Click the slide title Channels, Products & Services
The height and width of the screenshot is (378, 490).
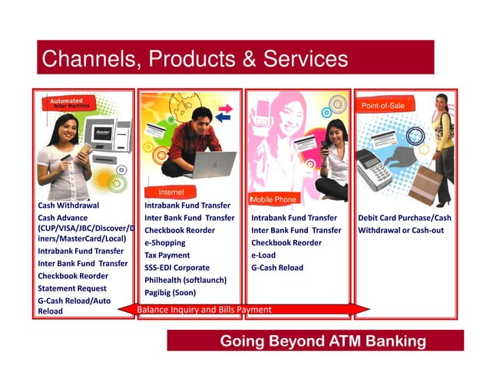(x=194, y=58)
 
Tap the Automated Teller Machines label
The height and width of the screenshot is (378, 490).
(x=70, y=103)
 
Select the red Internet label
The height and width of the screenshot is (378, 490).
(x=171, y=192)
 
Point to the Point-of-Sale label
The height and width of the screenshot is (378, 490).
(x=382, y=105)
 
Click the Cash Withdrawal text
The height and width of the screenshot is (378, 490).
(x=68, y=205)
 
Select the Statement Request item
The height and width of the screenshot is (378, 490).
(x=72, y=288)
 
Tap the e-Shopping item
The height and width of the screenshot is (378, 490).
(x=165, y=242)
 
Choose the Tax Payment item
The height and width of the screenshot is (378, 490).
(x=167, y=255)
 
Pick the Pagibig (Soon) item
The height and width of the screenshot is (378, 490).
(x=170, y=292)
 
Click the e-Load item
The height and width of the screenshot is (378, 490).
(x=263, y=255)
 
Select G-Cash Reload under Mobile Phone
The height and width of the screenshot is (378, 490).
(x=276, y=268)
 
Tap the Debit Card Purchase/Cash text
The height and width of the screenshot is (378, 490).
(x=404, y=218)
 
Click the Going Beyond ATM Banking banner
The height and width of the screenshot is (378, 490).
(x=323, y=340)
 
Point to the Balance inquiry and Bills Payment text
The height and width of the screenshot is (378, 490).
(x=204, y=310)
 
